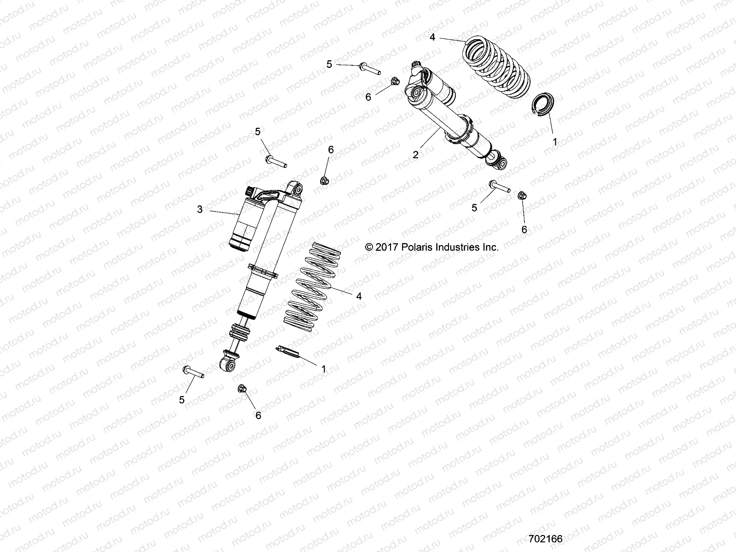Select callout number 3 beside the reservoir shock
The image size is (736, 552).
tap(200, 210)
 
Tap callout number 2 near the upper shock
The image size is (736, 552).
tap(415, 155)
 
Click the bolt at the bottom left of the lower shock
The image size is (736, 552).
tap(193, 371)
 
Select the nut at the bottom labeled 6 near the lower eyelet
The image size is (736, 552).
tap(242, 390)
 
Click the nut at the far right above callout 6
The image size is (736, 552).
tap(522, 195)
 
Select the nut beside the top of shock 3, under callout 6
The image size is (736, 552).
tap(324, 181)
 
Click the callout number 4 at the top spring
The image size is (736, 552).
tap(432, 37)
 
